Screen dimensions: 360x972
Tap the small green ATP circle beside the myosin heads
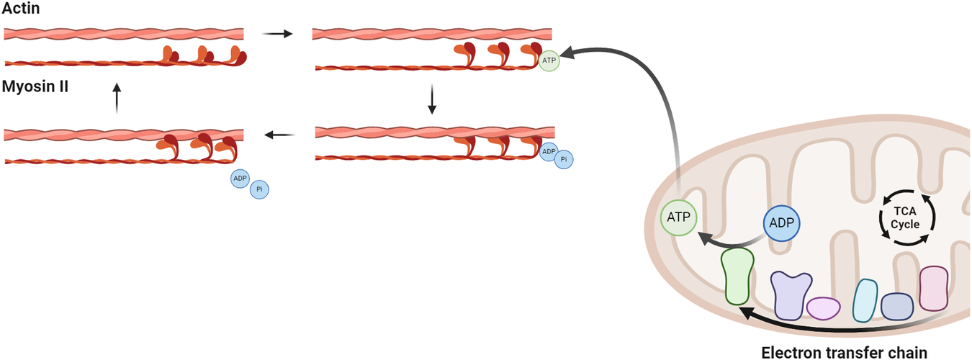[549, 61]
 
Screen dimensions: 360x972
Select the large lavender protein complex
[791, 294]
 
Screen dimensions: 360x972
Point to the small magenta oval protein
[824, 308]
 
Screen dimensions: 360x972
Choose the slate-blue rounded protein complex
[897, 307]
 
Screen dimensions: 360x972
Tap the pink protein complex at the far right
[935, 289]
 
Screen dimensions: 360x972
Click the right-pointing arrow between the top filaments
[278, 33]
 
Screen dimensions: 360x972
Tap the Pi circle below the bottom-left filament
[259, 190]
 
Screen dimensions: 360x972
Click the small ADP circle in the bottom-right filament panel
[549, 151]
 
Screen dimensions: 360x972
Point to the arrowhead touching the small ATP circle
[567, 53]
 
